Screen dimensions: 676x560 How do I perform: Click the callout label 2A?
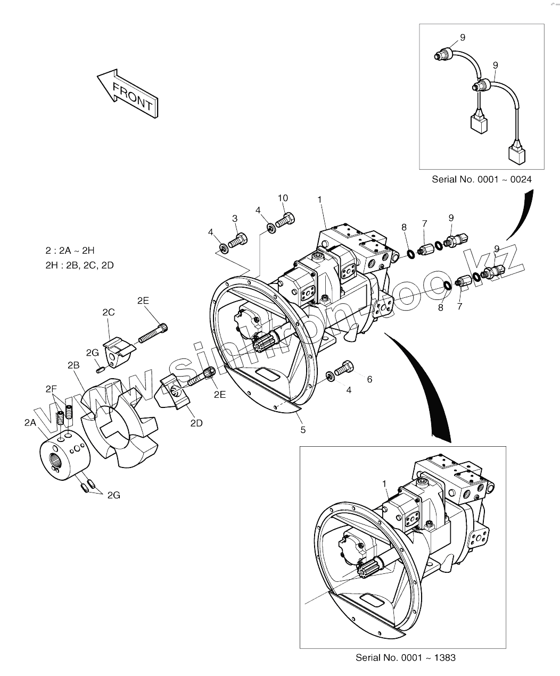pos(30,422)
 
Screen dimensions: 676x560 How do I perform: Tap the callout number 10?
pos(283,198)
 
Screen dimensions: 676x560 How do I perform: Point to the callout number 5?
pos(303,430)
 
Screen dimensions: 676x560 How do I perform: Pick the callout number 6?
pos(369,379)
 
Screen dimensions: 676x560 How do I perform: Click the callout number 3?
pos(234,219)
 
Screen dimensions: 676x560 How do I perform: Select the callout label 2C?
pos(109,312)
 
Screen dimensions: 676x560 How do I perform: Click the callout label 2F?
pos(51,389)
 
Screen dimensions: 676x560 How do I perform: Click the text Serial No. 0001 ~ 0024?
pos(481,179)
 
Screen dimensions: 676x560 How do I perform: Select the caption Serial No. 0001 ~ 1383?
pos(406,657)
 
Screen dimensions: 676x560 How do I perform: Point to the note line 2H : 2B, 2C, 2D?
pos(80,265)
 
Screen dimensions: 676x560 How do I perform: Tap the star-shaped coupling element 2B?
pos(120,420)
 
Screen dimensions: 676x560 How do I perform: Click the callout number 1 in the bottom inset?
pos(384,483)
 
